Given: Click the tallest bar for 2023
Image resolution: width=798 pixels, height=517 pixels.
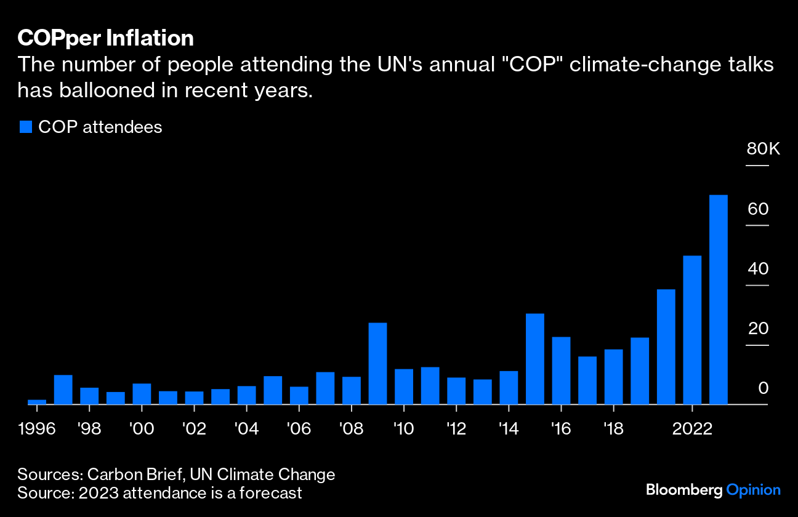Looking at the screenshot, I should click(x=719, y=300).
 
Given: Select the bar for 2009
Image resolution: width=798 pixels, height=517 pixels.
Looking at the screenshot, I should click(x=377, y=363).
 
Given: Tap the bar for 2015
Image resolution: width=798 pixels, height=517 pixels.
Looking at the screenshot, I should click(x=535, y=359).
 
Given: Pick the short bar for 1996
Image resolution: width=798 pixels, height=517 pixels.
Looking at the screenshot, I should click(x=37, y=402).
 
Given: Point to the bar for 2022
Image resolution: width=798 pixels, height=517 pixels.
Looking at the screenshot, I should click(x=692, y=330).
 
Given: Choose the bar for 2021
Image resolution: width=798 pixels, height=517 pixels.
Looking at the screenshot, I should click(x=666, y=347).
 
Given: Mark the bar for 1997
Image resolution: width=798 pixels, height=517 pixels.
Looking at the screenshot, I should click(x=63, y=389).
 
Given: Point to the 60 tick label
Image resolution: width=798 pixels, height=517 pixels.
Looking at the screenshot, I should click(x=758, y=209).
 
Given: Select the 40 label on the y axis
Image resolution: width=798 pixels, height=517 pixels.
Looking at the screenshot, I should click(x=758, y=269).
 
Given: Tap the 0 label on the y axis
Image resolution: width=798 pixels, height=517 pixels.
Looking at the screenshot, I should click(x=763, y=388).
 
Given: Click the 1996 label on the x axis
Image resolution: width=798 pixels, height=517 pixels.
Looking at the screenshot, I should click(x=37, y=429).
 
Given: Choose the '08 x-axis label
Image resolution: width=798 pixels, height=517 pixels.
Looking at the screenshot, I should click(x=351, y=429).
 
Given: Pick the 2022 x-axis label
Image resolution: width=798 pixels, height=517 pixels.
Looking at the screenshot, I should click(x=692, y=429).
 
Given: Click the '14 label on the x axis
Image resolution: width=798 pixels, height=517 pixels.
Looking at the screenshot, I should click(x=509, y=429).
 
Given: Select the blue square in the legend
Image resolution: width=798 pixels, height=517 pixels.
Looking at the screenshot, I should click(x=25, y=127).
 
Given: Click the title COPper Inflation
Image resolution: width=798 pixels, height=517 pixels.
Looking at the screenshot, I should click(x=105, y=38).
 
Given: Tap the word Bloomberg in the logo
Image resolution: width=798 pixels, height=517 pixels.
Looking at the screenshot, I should click(x=683, y=491).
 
